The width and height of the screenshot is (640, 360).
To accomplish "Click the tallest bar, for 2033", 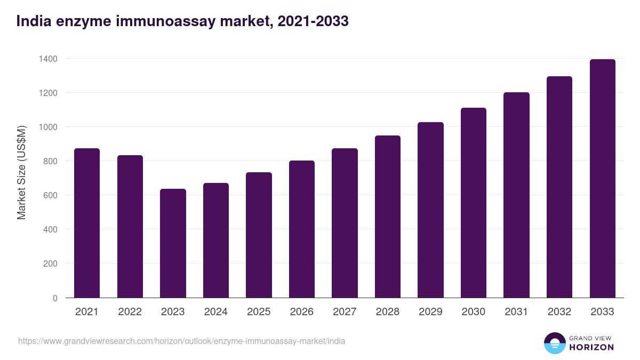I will pyautogui.click(x=602, y=179).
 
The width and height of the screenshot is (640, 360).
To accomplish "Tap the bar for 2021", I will pyautogui.click(x=87, y=223).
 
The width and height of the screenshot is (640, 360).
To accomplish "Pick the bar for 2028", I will pyautogui.click(x=388, y=217).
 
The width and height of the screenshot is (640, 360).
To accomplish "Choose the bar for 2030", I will pyautogui.click(x=474, y=203).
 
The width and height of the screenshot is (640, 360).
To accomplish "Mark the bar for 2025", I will pyautogui.click(x=259, y=235).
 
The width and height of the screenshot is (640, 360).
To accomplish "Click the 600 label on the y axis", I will pyautogui.click(x=49, y=195).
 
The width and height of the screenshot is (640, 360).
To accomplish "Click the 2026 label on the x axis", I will pyautogui.click(x=302, y=312).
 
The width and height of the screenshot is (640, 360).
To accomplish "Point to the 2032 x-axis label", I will pyautogui.click(x=559, y=312).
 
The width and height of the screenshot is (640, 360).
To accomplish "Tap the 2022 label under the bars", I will pyautogui.click(x=130, y=312).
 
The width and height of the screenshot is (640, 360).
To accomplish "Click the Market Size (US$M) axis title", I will pyautogui.click(x=21, y=172).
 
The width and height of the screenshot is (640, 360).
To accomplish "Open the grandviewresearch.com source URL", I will pyautogui.click(x=181, y=341).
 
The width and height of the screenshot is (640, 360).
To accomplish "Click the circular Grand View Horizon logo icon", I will pyautogui.click(x=555, y=343).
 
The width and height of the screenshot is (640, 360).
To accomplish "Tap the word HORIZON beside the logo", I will pyautogui.click(x=591, y=347).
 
